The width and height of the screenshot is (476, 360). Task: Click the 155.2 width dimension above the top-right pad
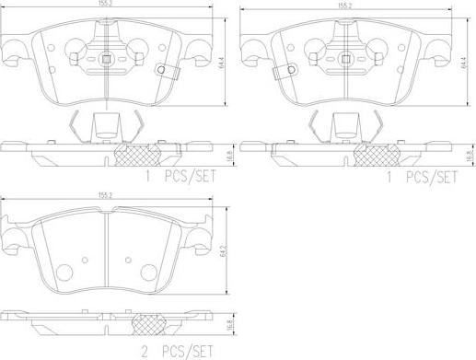(x=346, y=6)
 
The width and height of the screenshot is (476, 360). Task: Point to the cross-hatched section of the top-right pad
(x=377, y=154)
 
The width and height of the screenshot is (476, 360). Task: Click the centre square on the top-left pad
(x=109, y=62)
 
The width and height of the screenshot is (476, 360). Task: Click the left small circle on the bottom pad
(x=64, y=272)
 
